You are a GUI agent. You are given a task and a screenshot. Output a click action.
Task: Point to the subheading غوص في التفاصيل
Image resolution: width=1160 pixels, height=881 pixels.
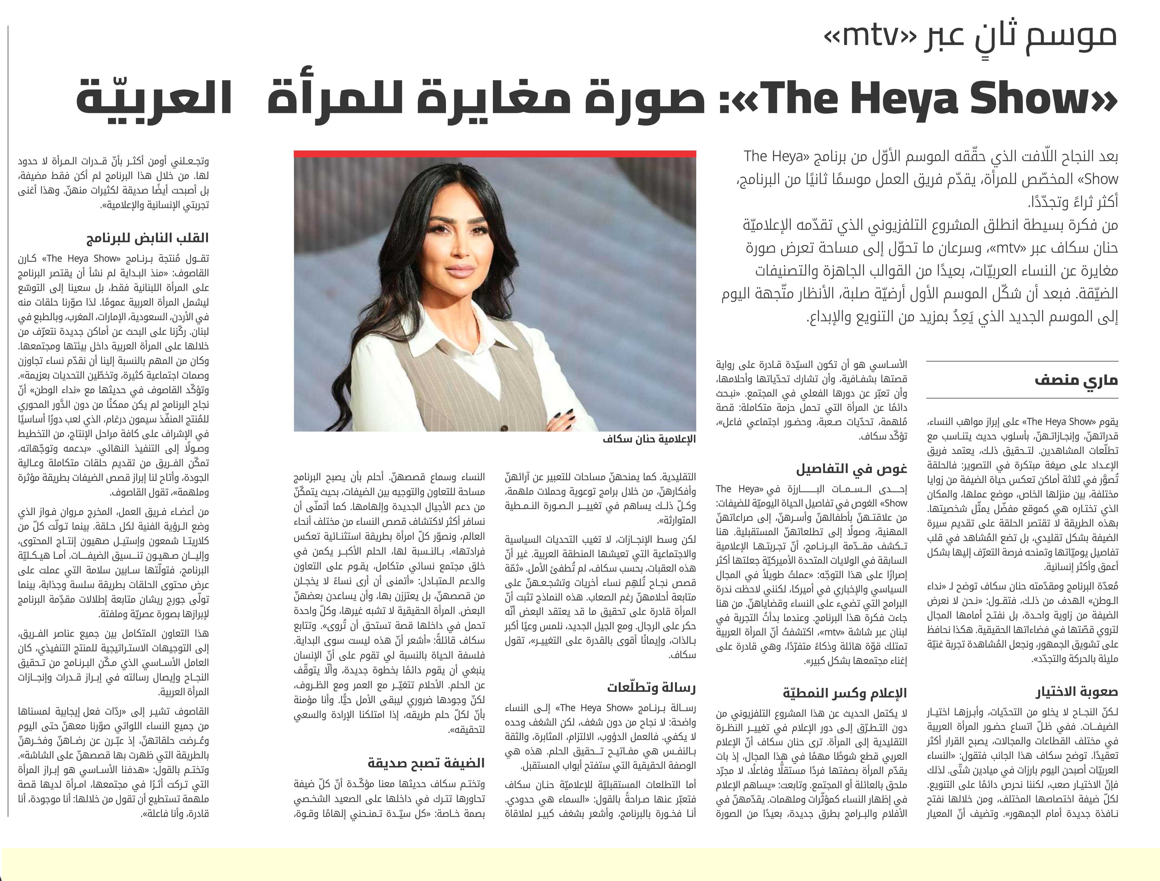[851, 468]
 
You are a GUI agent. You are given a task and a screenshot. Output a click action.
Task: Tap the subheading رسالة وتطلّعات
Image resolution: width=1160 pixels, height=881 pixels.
[651, 687]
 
